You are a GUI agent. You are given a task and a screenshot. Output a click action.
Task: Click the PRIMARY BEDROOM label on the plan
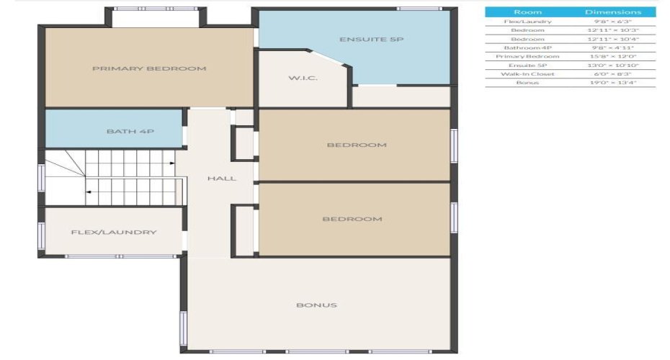pos(149,69)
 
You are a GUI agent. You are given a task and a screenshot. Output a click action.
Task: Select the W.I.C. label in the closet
pos(303,78)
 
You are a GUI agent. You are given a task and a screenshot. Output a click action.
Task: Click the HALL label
pos(221,179)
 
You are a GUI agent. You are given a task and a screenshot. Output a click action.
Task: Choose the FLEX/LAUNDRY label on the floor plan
pos(114,233)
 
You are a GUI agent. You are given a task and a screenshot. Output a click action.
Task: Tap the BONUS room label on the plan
pos(317,305)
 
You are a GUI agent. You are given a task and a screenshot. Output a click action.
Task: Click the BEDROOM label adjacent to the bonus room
pos(352,219)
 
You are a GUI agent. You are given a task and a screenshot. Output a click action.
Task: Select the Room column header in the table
pos(527,12)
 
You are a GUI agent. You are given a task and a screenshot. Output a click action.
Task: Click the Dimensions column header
pos(612,12)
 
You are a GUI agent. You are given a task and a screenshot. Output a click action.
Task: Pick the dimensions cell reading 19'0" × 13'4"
pos(612,83)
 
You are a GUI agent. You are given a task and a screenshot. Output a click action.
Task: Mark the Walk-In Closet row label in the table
pos(527,73)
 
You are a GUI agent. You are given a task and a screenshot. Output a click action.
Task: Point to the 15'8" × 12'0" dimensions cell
pos(612,56)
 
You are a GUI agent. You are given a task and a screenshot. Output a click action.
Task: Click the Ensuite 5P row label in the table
pos(527,65)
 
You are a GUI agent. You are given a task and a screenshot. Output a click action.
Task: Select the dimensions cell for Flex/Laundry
pos(612,22)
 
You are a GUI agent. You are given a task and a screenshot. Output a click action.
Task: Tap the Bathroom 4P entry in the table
pos(527,48)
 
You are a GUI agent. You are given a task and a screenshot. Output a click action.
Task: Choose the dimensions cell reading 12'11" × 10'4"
pos(612,39)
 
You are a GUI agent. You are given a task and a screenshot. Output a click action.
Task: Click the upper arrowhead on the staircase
pos(171,164)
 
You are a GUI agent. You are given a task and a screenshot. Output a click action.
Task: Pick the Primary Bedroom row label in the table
pos(527,56)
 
